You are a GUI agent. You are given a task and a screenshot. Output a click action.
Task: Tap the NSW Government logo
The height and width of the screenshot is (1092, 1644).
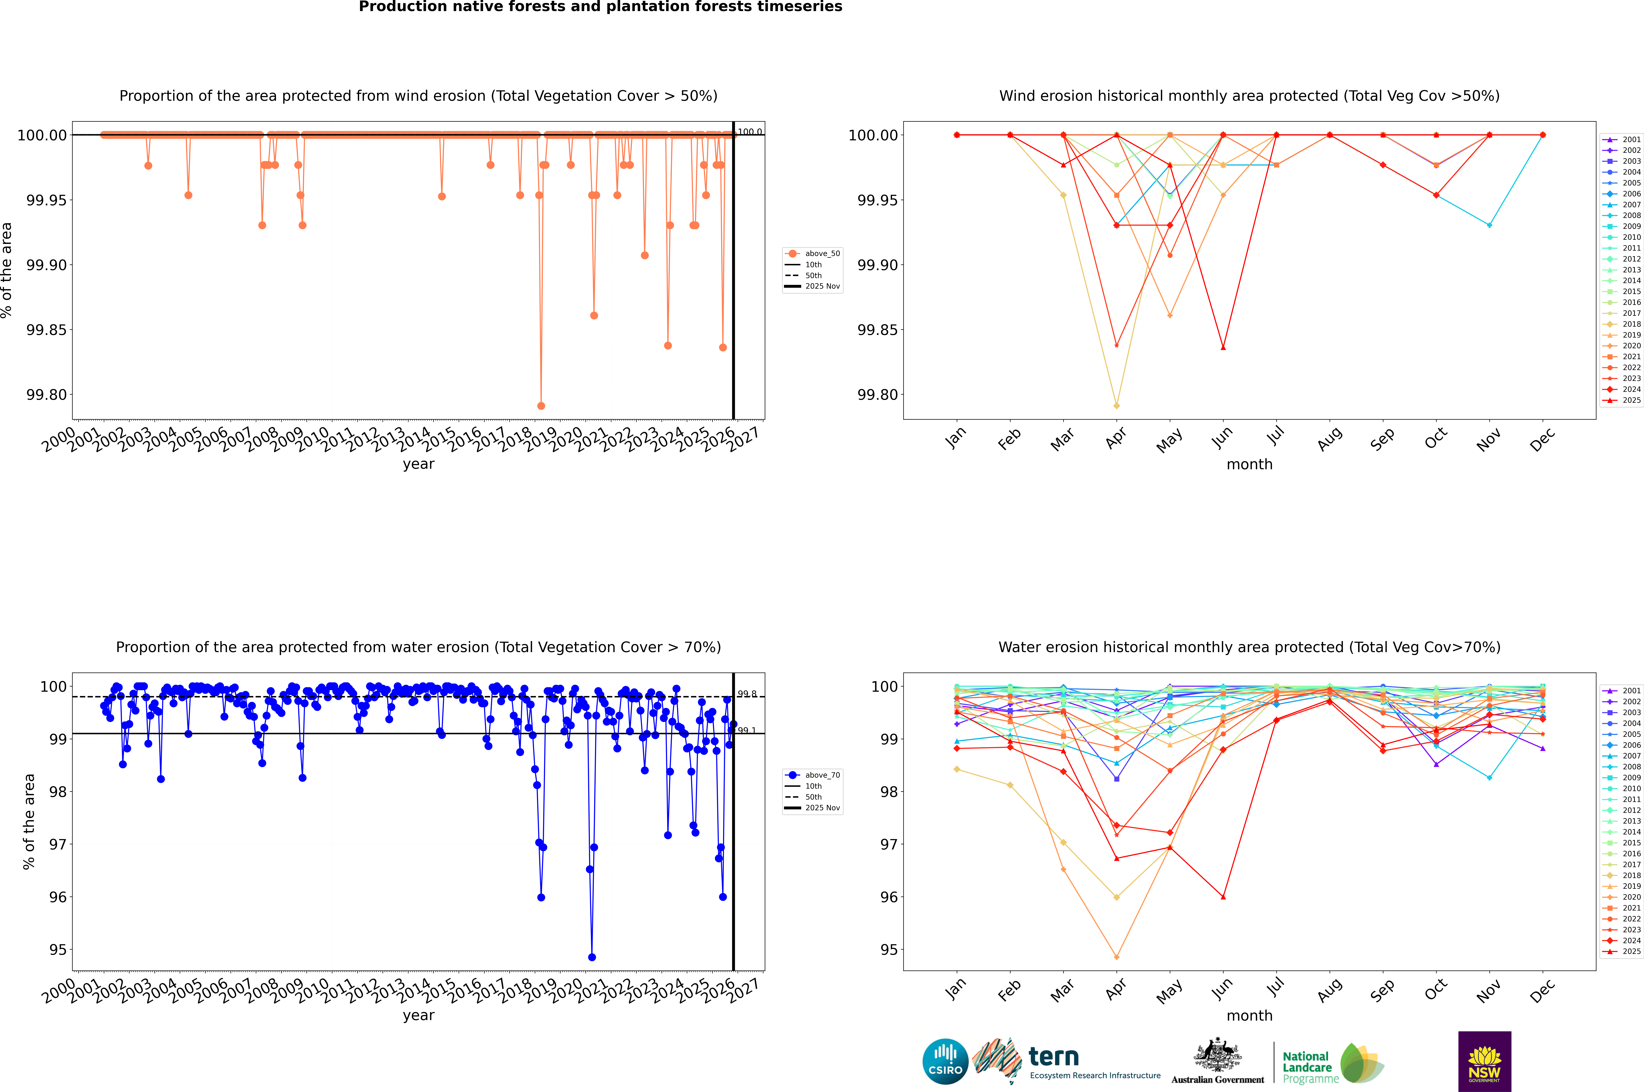click(x=1484, y=1061)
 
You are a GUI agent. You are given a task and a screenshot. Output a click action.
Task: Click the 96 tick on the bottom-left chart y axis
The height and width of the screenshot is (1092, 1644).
click(x=57, y=897)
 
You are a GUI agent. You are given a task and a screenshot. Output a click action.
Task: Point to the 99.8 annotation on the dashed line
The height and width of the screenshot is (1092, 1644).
click(x=747, y=694)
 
